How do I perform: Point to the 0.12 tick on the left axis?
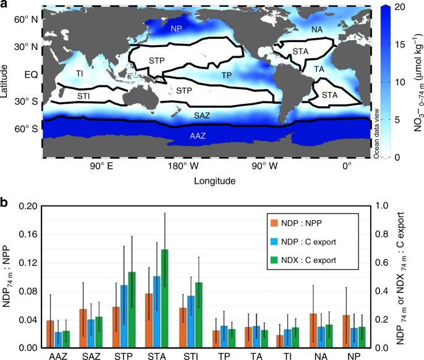30,262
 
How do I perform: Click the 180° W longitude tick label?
178,167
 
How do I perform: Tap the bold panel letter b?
6,202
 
